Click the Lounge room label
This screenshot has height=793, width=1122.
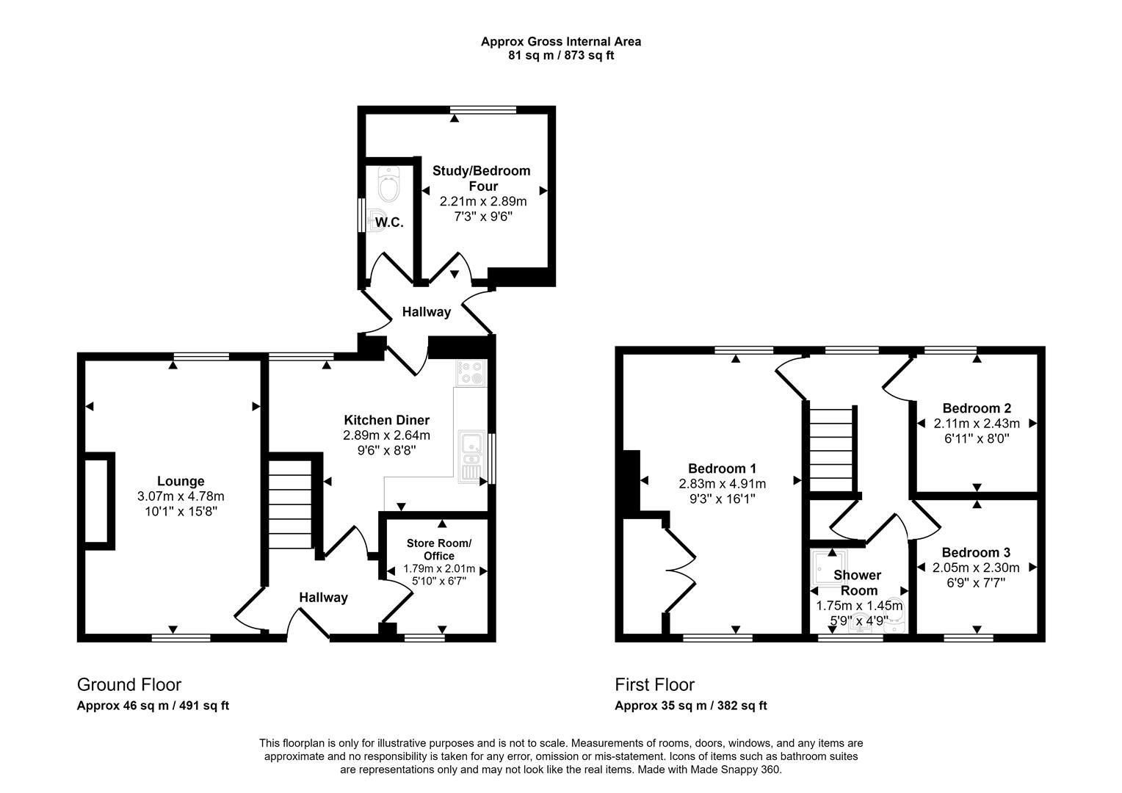click(x=181, y=482)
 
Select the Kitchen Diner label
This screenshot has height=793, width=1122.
click(x=386, y=420)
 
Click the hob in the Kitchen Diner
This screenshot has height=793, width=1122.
click(x=470, y=372)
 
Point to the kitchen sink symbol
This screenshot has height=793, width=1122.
click(x=470, y=455)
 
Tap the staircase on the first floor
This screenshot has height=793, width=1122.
click(x=832, y=448)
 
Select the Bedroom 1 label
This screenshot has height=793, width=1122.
click(x=722, y=468)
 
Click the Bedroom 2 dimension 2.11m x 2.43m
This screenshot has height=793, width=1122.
click(x=977, y=424)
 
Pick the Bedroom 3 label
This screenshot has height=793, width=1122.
click(x=976, y=552)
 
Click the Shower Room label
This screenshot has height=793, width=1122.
click(x=858, y=582)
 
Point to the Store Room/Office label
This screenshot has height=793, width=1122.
click(x=439, y=549)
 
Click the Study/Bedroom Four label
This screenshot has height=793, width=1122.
click(x=481, y=178)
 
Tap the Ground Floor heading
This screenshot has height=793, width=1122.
click(x=129, y=685)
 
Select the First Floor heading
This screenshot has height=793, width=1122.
click(x=654, y=685)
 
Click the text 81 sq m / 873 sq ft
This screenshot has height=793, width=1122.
click(x=560, y=55)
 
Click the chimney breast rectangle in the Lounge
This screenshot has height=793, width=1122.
click(x=99, y=501)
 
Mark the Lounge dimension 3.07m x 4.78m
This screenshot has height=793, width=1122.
click(x=181, y=496)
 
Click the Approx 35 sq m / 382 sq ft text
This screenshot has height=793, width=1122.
click(x=690, y=706)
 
